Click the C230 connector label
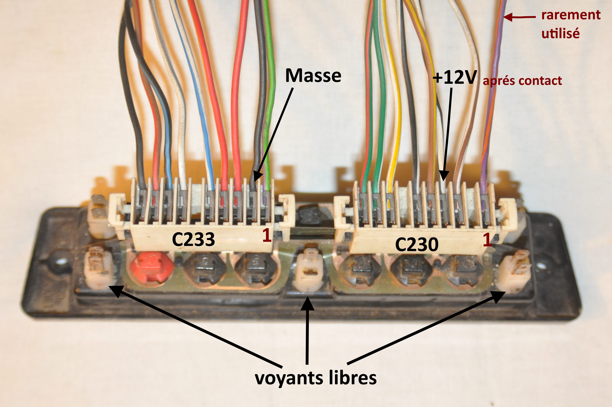pos(417,245)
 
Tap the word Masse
pos(313,76)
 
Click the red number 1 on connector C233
pos(267,235)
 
